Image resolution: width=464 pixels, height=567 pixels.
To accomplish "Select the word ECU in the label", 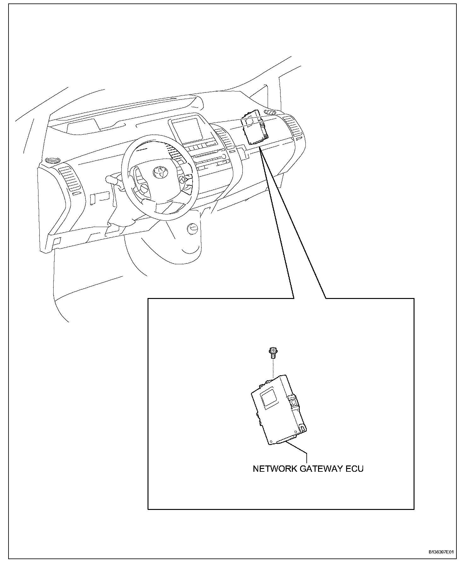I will point(355,469).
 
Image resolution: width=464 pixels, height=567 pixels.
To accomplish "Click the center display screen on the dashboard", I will point(188,129).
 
